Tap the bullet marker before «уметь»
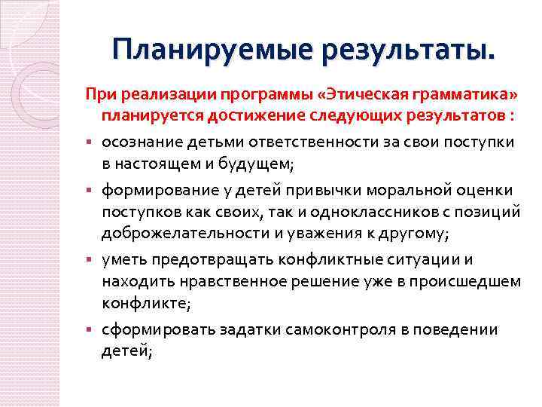(89, 261)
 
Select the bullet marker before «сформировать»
(89, 330)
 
